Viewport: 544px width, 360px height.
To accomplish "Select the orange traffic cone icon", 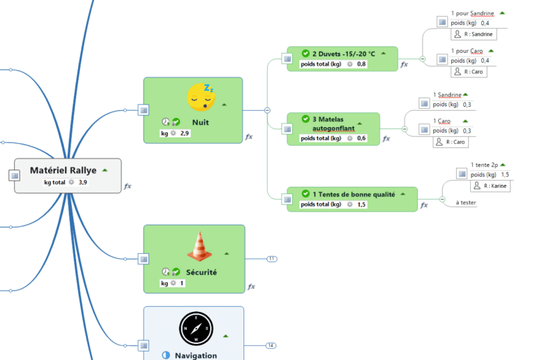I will click(199, 246).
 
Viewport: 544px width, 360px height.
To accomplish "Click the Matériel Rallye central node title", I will click(63, 170).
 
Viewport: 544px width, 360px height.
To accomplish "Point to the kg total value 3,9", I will click(83, 182).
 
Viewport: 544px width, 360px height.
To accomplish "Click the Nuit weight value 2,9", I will click(185, 133).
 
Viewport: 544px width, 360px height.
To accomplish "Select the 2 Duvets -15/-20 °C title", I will click(344, 53).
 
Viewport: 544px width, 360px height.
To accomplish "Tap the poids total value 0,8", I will click(361, 64).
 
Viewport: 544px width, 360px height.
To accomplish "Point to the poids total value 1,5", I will click(361, 204).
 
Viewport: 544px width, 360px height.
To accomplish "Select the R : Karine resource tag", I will click(492, 186).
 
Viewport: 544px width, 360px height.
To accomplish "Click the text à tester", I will click(466, 202).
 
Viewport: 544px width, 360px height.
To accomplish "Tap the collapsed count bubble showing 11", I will click(271, 259).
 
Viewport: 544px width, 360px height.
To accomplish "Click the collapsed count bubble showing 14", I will click(271, 345).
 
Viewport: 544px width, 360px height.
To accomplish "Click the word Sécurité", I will click(202, 272).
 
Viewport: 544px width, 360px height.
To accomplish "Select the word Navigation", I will click(196, 355).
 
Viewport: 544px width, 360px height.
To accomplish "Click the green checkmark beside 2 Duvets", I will click(305, 53).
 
